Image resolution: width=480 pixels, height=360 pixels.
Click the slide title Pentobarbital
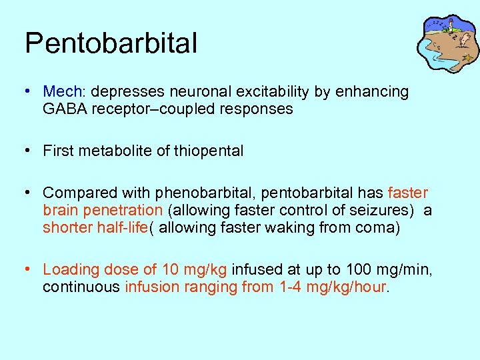111,43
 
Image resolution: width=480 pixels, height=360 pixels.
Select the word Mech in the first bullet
61,91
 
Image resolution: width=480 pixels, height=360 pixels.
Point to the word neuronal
185,91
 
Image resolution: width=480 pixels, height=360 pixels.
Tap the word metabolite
109,151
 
